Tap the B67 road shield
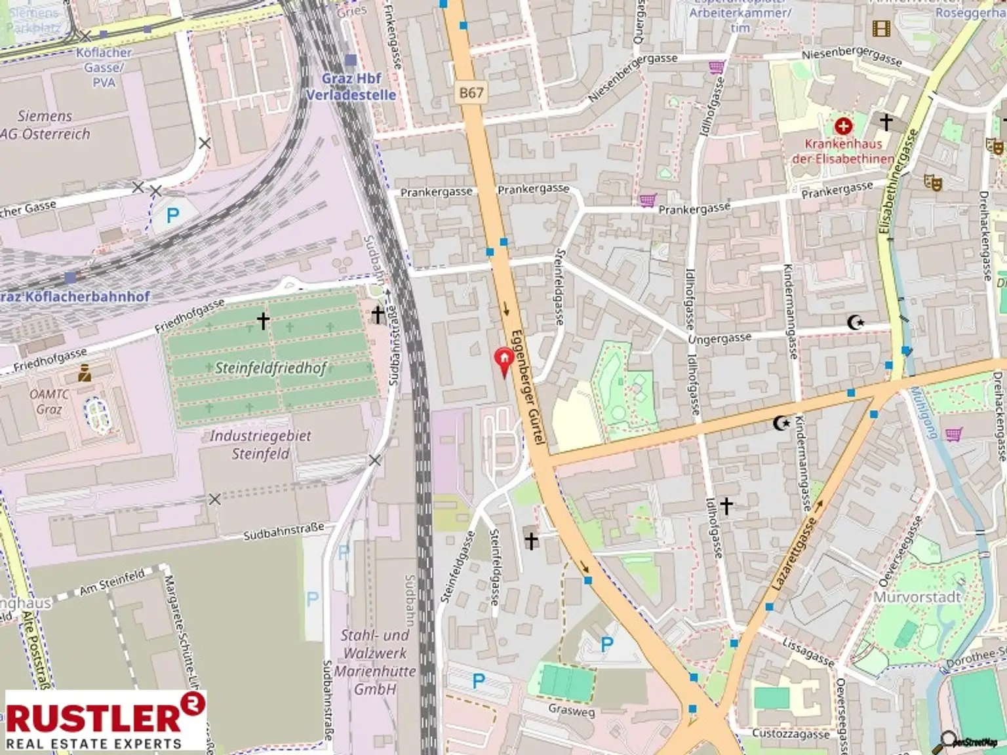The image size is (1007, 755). pos(471,93)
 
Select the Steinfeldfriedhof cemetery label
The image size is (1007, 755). pos(271,368)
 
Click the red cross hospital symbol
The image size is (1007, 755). pos(843,126)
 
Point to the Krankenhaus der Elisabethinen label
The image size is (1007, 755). pos(843,151)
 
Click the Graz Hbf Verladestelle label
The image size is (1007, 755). pos(351,87)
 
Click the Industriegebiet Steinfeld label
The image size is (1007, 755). pos(260,444)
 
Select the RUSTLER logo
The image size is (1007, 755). pos(105,720)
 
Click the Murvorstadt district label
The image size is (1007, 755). pos(917,597)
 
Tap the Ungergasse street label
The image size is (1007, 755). pos(720,339)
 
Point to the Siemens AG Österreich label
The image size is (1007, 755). pos(46,125)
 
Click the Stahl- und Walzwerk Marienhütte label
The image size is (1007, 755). pos(375,662)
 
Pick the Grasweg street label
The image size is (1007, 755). pos(571,710)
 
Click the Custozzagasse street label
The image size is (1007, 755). pos(790,734)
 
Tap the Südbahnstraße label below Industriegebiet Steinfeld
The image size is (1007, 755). pos(284,532)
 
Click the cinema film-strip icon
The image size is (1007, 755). pos(881,28)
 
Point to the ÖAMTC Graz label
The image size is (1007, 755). pos(49,401)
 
